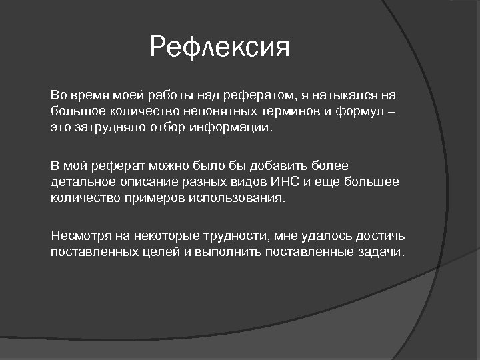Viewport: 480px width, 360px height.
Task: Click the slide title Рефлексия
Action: pyautogui.click(x=220, y=47)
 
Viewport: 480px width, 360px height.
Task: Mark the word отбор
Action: pyautogui.click(x=164, y=127)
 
